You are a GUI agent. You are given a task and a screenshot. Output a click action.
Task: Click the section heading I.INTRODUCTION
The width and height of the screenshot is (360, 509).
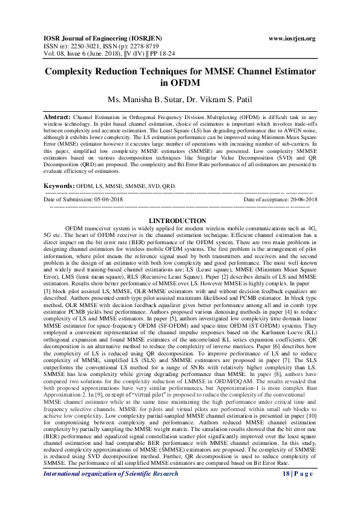pyautogui.click(x=180, y=221)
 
